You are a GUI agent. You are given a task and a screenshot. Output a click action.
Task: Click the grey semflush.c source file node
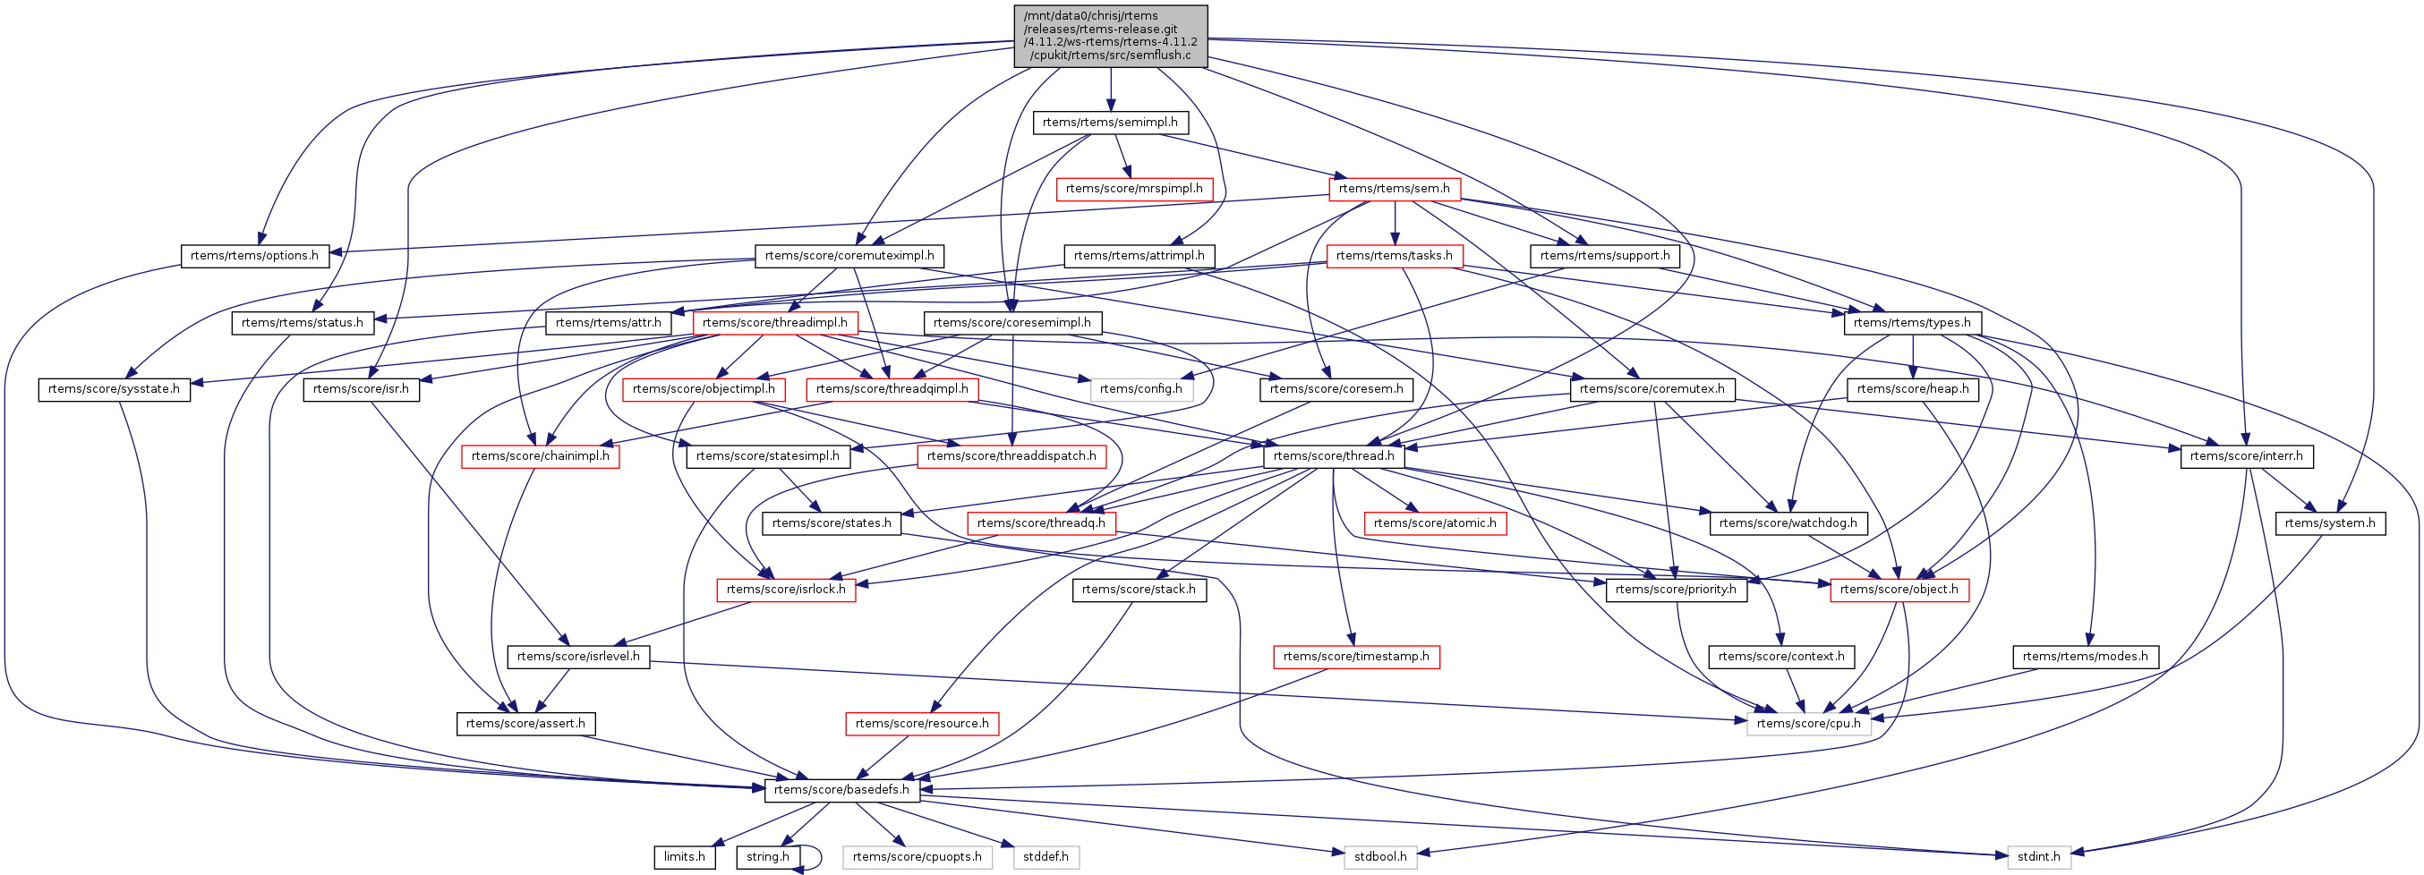pyautogui.click(x=1110, y=36)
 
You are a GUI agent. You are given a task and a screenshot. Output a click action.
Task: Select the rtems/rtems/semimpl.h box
pyautogui.click(x=1109, y=123)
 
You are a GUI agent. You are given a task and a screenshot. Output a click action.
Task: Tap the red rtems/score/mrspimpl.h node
pyautogui.click(x=1134, y=189)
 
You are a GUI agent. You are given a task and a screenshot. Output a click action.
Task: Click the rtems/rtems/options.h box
pyautogui.click(x=254, y=256)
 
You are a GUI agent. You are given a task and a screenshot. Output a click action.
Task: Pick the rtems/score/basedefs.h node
pyautogui.click(x=841, y=790)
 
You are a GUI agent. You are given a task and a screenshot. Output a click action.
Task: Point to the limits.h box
pyautogui.click(x=684, y=857)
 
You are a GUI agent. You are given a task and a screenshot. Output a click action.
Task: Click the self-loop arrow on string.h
pyautogui.click(x=815, y=858)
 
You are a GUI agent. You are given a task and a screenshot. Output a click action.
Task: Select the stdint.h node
pyautogui.click(x=2038, y=857)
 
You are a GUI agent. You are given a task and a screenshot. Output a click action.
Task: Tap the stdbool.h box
pyautogui.click(x=1380, y=857)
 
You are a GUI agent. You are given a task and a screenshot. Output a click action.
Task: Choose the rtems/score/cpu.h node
pyautogui.click(x=1807, y=724)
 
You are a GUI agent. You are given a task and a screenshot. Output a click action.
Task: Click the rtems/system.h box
pyautogui.click(x=2329, y=523)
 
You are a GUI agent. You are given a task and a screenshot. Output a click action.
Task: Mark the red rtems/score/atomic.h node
pyautogui.click(x=1434, y=523)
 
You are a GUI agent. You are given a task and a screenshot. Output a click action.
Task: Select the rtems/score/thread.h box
pyautogui.click(x=1334, y=456)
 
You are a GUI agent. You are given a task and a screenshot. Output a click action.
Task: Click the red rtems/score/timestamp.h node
pyautogui.click(x=1356, y=657)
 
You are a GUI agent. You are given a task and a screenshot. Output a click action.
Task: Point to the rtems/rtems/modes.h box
pyautogui.click(x=2085, y=657)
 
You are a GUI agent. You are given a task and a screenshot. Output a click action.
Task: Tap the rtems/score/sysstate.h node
pyautogui.click(x=114, y=389)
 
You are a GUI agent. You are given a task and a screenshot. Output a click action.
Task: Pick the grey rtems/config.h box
pyautogui.click(x=1140, y=389)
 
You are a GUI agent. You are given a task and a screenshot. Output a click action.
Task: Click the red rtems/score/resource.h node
pyautogui.click(x=921, y=724)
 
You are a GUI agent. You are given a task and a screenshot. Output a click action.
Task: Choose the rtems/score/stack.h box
pyautogui.click(x=1139, y=590)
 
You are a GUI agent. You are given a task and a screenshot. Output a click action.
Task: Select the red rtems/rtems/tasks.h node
pyautogui.click(x=1394, y=256)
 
